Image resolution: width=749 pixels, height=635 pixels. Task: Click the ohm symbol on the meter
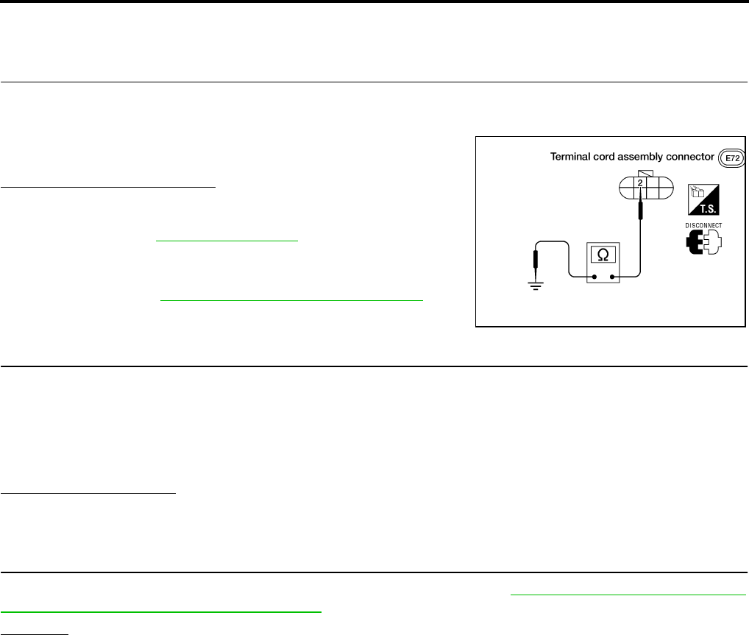(603, 255)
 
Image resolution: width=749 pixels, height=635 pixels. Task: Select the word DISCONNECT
(702, 226)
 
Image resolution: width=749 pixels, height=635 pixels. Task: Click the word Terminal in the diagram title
(571, 157)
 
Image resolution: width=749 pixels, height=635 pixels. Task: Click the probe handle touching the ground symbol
(535, 260)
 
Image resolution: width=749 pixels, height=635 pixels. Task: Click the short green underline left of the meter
(226, 240)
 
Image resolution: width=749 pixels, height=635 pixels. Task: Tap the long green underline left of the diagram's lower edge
(292, 300)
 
